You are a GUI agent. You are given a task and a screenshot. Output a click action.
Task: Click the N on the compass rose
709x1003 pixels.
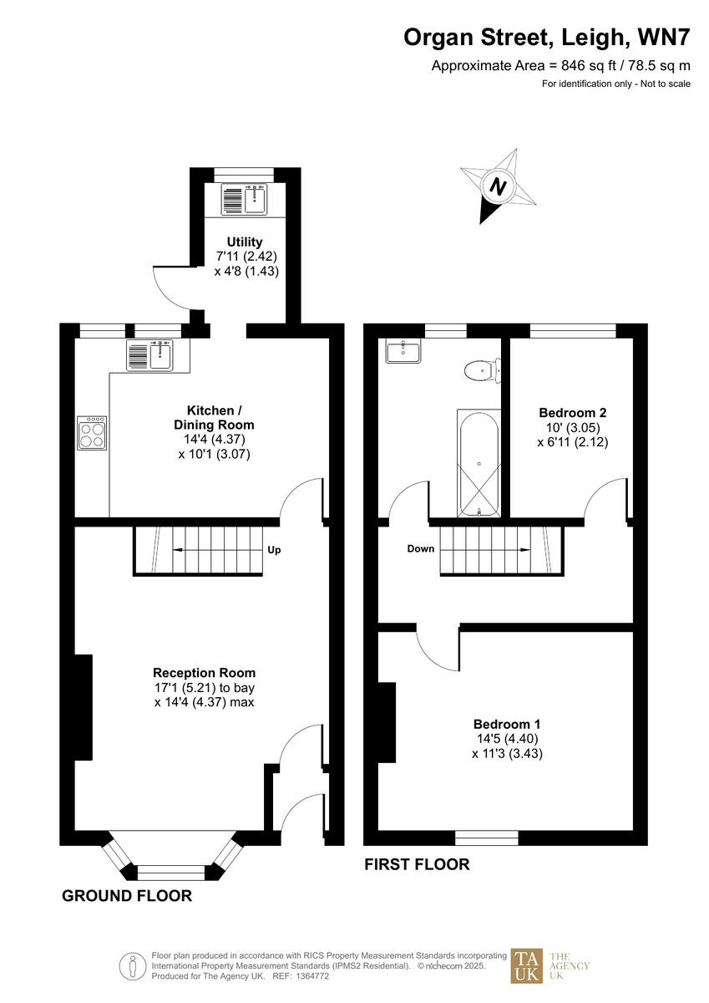coord(499,187)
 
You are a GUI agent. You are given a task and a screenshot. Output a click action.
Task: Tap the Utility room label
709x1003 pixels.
coord(244,242)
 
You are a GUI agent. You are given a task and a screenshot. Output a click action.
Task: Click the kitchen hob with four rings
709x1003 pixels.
coord(92,433)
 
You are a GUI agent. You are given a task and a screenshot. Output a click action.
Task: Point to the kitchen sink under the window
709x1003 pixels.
coord(149,356)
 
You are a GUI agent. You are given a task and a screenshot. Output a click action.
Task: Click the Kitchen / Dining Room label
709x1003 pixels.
coord(215,418)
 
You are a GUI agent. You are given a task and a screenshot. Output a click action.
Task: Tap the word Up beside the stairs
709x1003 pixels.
coord(274,551)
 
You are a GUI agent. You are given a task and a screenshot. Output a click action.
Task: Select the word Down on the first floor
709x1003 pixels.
coord(421,549)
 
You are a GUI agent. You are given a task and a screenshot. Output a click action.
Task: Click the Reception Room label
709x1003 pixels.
coord(204,673)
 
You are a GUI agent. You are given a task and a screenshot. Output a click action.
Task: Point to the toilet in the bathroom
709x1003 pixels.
coord(480,369)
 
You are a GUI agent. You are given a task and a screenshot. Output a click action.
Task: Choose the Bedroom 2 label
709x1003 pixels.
coord(572,412)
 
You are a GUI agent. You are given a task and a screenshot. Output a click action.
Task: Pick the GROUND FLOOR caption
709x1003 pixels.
coord(127,896)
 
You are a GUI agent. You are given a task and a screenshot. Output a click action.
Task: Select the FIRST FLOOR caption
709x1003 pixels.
coord(417,864)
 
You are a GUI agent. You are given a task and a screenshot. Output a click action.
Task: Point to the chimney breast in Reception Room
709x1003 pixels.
coord(84,707)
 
